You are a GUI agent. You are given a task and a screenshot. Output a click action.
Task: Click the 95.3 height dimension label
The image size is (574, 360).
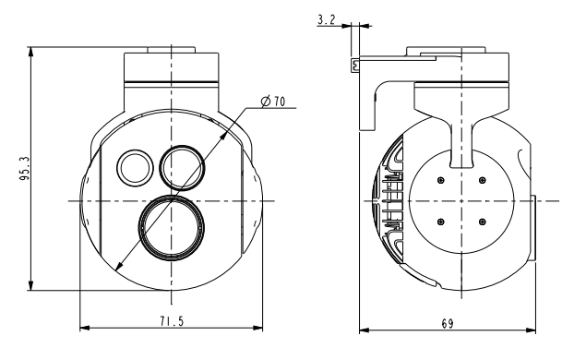25,169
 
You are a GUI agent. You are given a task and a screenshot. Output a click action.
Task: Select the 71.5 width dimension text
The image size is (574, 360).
172,321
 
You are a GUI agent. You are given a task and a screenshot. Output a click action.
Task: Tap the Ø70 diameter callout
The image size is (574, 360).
273,102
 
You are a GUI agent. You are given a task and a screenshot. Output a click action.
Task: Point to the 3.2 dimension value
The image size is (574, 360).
326,19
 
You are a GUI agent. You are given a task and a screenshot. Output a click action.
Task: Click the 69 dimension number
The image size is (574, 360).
448,324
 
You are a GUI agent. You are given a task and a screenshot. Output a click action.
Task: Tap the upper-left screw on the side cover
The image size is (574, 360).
441,180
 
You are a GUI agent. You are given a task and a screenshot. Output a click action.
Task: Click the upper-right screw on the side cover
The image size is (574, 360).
483,180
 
